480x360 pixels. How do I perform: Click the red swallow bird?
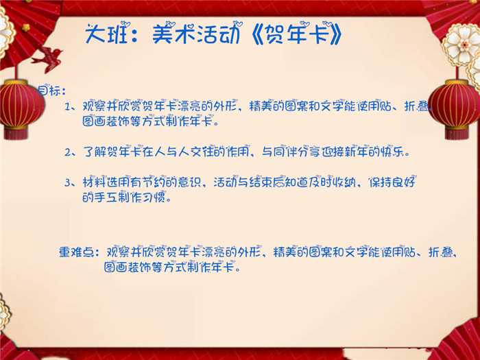point(47,58)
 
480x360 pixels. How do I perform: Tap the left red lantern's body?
point(20,104)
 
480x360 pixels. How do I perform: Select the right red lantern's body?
point(455,104)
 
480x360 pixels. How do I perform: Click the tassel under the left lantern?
point(16,134)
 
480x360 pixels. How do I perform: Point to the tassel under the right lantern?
point(457,134)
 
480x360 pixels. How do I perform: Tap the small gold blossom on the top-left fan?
point(26,27)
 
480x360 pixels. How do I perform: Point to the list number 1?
point(67,106)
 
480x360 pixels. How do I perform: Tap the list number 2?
point(68,152)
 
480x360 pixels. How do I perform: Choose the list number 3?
point(68,183)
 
